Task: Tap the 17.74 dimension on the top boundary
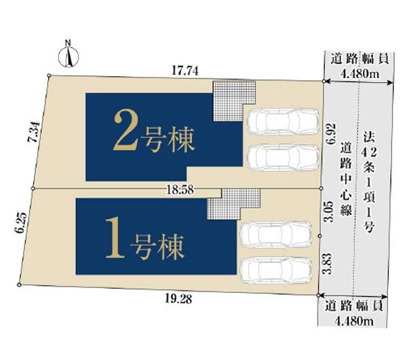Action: click(x=185, y=71)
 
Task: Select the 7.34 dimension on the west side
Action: click(x=34, y=132)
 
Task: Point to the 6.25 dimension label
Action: click(x=21, y=222)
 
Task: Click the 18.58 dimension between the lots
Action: click(x=180, y=190)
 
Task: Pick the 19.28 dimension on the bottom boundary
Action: click(x=178, y=299)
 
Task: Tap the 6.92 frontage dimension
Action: click(x=332, y=134)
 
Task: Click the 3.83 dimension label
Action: click(x=326, y=264)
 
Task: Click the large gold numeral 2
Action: click(x=125, y=132)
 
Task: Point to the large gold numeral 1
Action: click(x=115, y=237)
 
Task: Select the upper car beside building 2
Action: click(x=283, y=121)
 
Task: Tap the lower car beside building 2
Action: click(x=283, y=158)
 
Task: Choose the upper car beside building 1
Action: click(x=276, y=235)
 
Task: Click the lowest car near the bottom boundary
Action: click(x=276, y=271)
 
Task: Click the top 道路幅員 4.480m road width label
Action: click(x=360, y=66)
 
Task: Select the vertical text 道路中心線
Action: click(x=346, y=179)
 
